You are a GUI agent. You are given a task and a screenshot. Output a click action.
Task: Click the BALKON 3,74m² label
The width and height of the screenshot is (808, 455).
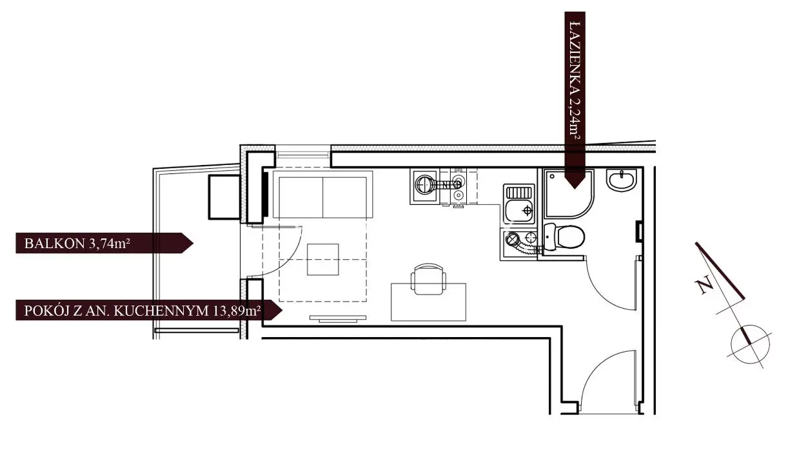pyautogui.click(x=77, y=244)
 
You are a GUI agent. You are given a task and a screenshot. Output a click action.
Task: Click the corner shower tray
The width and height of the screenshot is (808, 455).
pyautogui.click(x=569, y=194)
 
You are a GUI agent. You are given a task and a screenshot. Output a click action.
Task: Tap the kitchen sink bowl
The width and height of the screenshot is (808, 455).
pyautogui.click(x=520, y=210)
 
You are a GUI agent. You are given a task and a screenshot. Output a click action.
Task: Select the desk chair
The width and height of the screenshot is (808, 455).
pyautogui.click(x=428, y=279)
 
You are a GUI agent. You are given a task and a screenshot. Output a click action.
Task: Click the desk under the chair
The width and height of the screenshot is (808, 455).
pyautogui.click(x=428, y=302)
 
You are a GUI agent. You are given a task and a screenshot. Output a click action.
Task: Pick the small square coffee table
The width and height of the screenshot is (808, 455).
pyautogui.click(x=323, y=260)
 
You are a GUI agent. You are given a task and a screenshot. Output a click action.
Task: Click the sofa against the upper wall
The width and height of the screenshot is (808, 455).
pyautogui.click(x=322, y=195)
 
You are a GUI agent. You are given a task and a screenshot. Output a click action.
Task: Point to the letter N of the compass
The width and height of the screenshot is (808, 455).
pyautogui.click(x=704, y=285)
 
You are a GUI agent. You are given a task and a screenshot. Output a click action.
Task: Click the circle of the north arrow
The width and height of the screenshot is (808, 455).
pyautogui.click(x=750, y=345)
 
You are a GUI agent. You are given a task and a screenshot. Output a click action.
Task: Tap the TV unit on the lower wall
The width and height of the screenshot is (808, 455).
pyautogui.click(x=338, y=318)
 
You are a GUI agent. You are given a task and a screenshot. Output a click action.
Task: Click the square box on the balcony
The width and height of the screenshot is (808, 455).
pyautogui.click(x=224, y=197)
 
